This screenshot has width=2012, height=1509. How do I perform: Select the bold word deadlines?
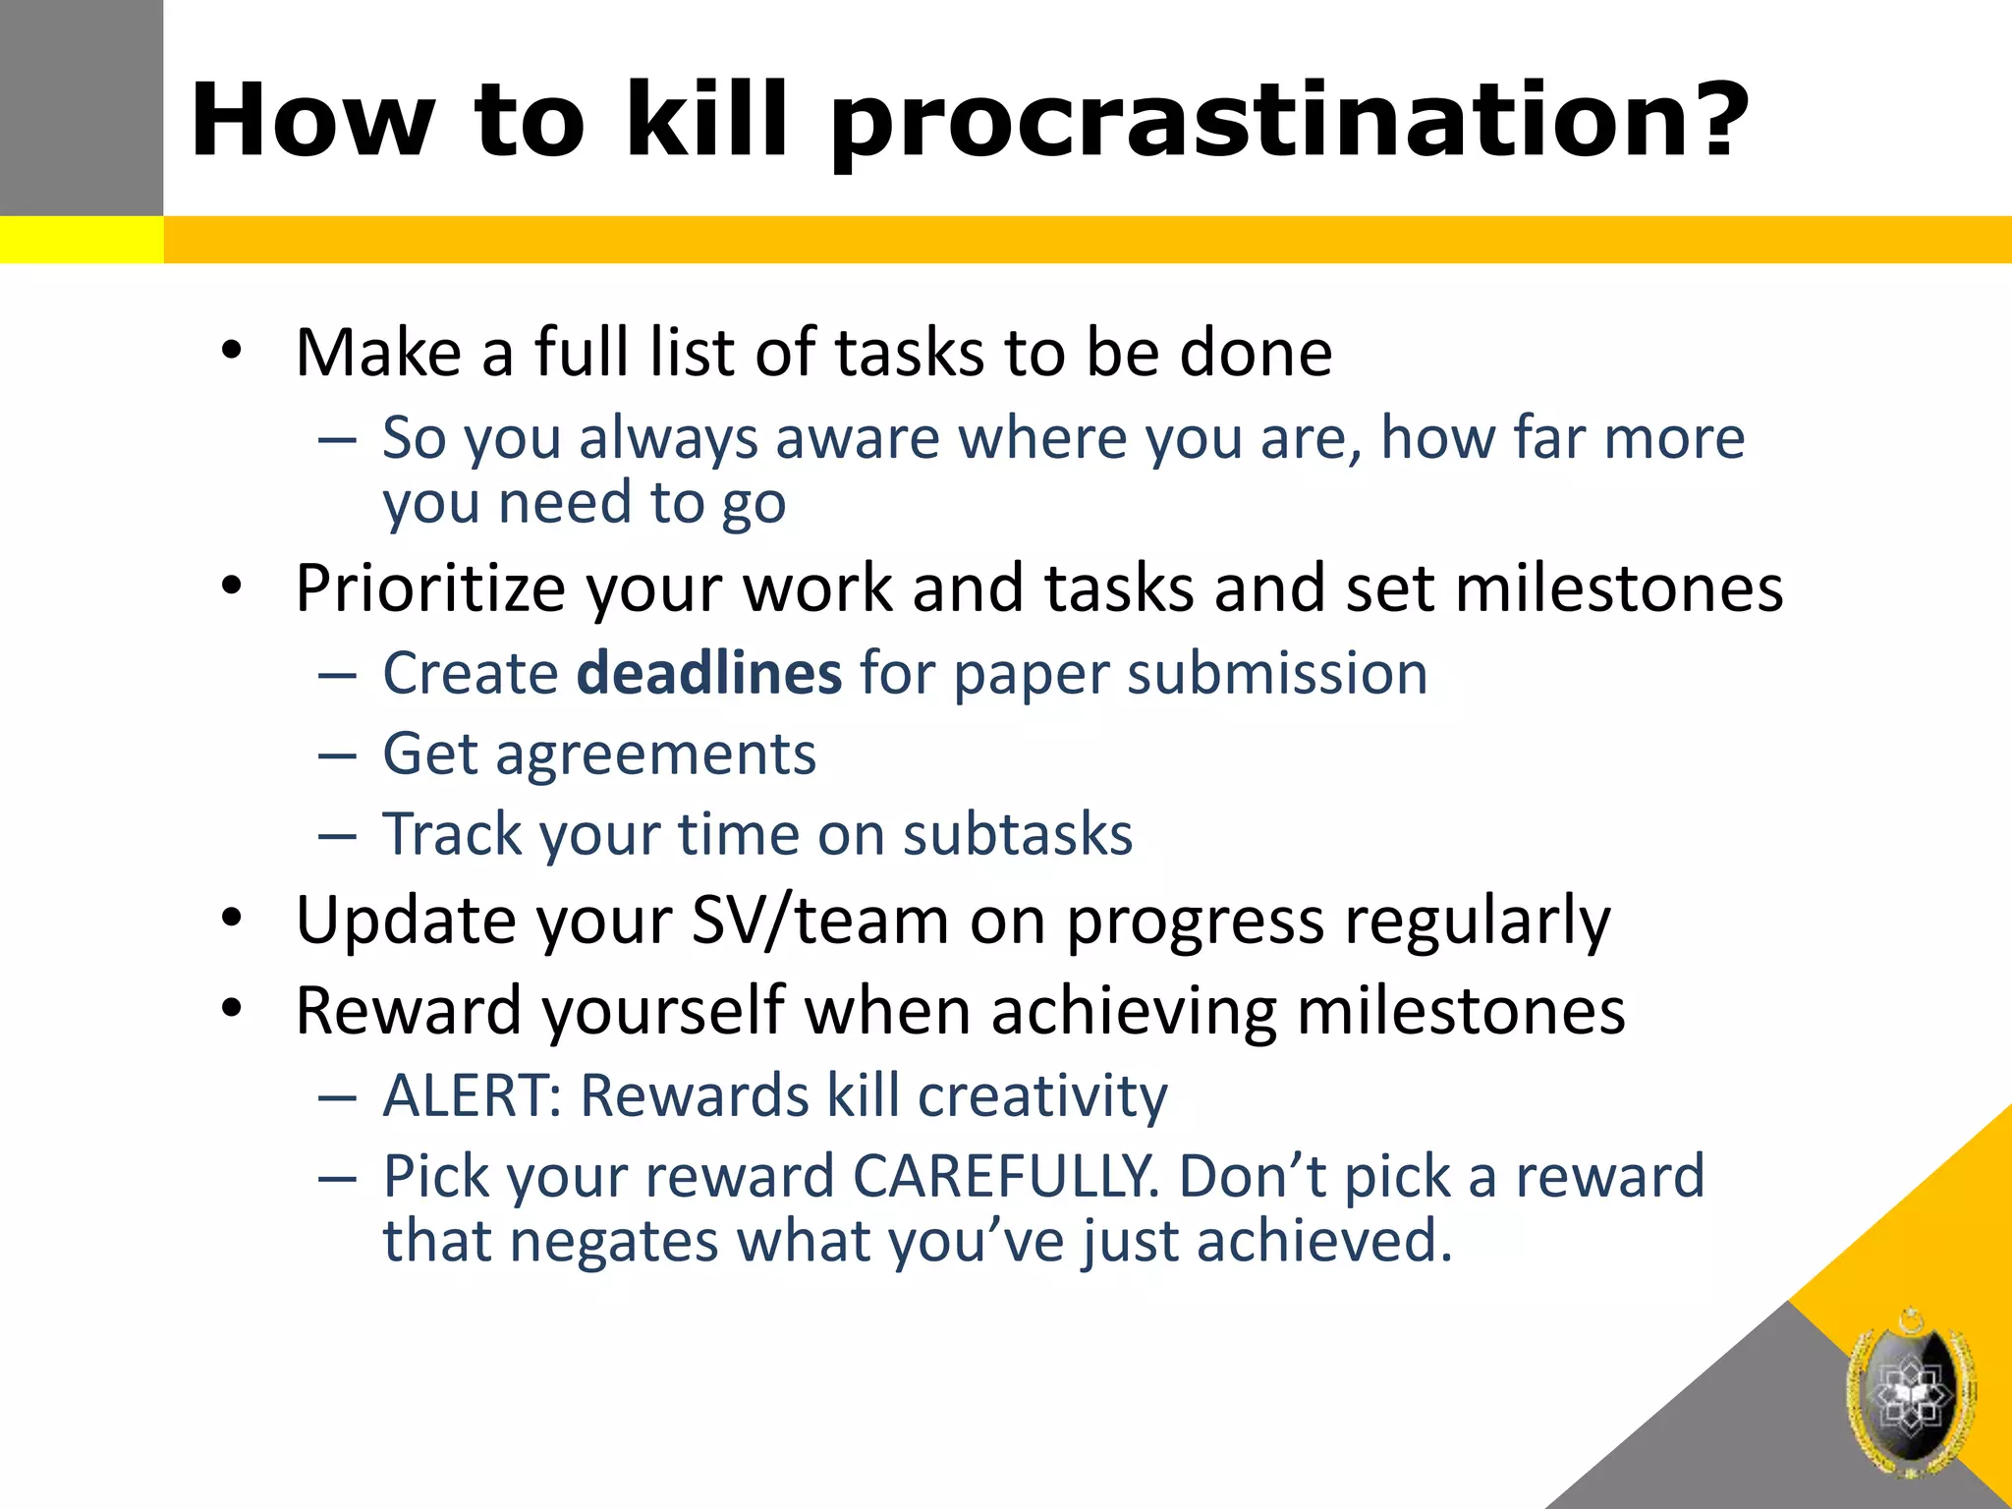click(708, 674)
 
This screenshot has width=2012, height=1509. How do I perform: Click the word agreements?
click(655, 754)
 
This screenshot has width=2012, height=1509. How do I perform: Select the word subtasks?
click(1017, 835)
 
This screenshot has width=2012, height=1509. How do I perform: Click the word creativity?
click(1042, 1095)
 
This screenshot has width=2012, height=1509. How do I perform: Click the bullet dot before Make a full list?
click(231, 351)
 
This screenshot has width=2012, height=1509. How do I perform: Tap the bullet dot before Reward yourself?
click(231, 1009)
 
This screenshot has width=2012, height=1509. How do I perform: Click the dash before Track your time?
click(337, 836)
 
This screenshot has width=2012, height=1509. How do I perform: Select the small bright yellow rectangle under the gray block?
click(81, 240)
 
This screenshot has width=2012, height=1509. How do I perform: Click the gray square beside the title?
click(81, 106)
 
